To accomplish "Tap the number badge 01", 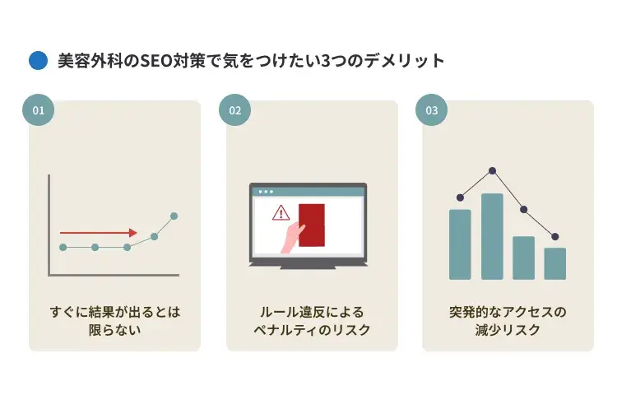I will click(38, 109).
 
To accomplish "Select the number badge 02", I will click(235, 109).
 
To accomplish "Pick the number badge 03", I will click(432, 109).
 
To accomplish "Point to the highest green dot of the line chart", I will click(174, 216).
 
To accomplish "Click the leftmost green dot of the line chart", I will click(63, 247).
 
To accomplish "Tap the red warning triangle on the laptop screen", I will click(282, 213).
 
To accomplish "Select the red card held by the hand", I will click(312, 225).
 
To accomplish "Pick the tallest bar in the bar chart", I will click(492, 236).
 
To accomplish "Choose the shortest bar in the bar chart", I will click(555, 263).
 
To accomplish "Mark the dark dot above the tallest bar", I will click(492, 171).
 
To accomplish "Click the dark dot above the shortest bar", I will click(555, 236).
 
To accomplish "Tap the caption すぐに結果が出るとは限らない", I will click(114, 321).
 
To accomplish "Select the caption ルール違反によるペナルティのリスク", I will click(311, 321).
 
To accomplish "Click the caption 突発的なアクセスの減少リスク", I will click(508, 321).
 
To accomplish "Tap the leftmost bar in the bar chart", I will click(460, 244).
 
